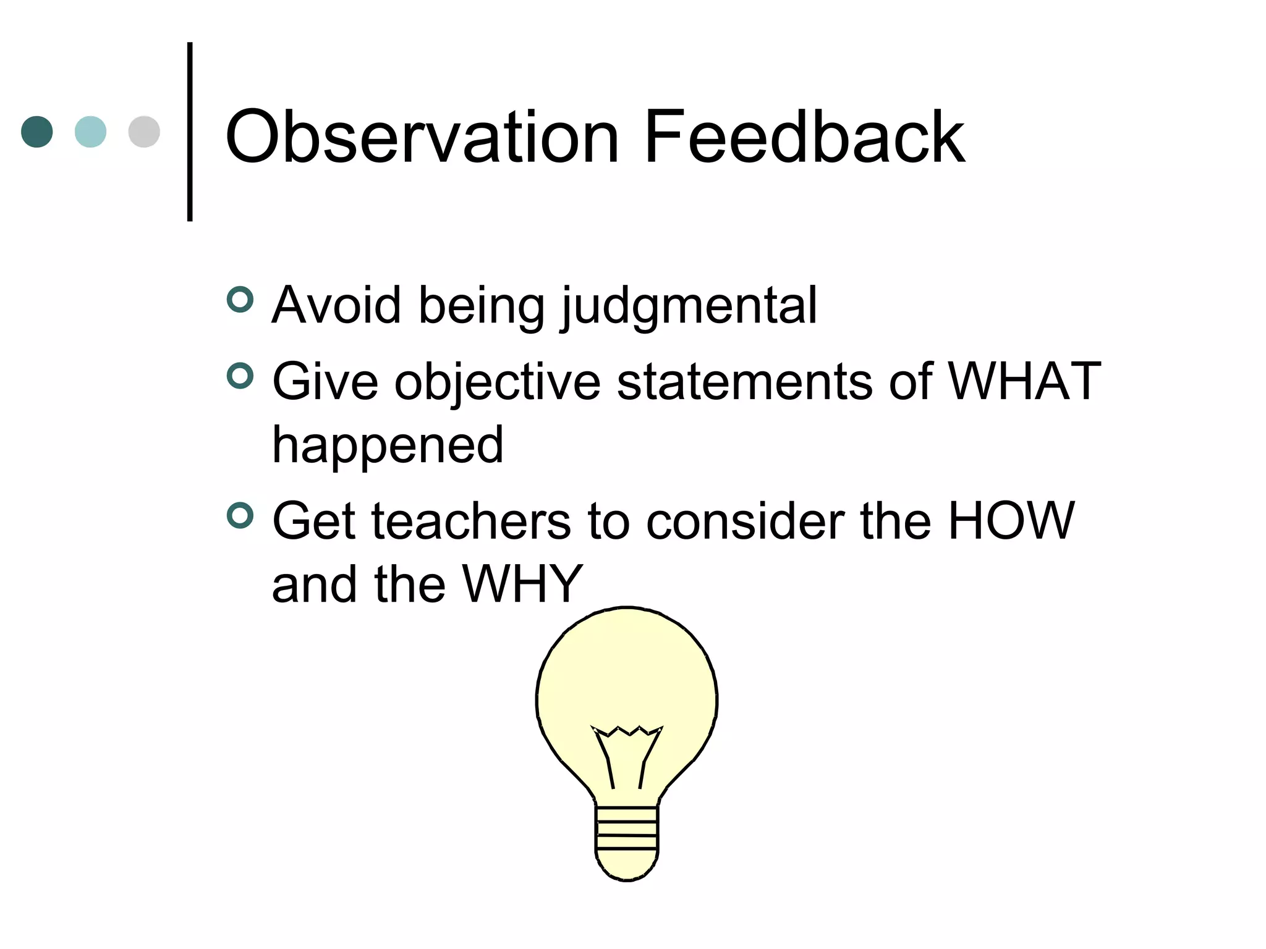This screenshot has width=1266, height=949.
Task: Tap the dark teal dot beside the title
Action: pos(37,132)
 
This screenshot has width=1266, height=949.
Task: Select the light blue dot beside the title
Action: pos(90,132)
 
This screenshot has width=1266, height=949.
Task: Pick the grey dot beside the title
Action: pos(144,132)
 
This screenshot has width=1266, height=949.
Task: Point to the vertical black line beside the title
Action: pos(190,132)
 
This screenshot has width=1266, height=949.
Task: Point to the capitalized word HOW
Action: pos(1011,521)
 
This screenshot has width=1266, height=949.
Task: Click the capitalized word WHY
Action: pos(522,584)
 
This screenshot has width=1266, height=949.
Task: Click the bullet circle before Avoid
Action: pos(240,300)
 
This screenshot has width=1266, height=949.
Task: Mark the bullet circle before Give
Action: pos(240,376)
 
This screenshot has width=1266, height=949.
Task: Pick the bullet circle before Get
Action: pos(240,516)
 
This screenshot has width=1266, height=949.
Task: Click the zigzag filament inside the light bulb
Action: pos(627,732)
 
